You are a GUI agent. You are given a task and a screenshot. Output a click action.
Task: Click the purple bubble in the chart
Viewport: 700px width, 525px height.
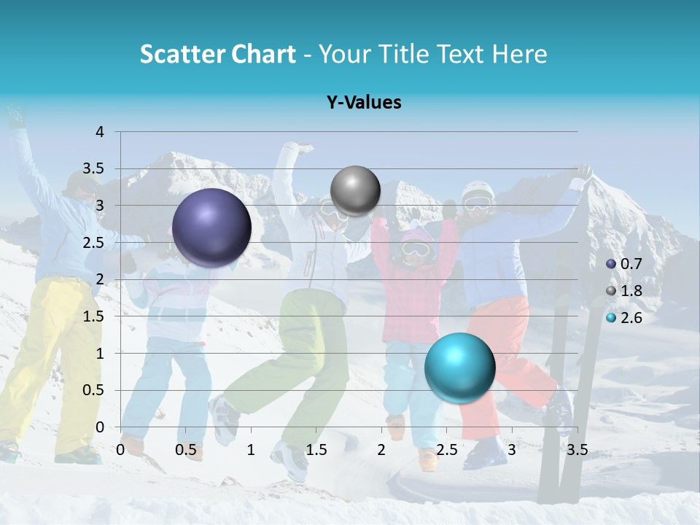[x=211, y=227]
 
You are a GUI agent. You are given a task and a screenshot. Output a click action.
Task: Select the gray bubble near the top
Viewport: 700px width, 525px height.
[x=355, y=191]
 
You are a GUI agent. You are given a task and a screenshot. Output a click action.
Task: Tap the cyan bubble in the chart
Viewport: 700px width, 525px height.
[x=459, y=367]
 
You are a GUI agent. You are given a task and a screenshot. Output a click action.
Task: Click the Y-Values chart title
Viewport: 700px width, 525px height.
[x=364, y=103]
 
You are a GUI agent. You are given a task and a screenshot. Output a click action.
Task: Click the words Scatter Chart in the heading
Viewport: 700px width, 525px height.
[x=217, y=54]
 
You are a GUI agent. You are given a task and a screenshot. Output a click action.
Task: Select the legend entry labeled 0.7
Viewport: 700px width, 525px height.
[x=629, y=263]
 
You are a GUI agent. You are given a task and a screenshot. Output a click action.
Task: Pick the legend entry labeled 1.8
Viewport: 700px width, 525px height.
[x=629, y=291]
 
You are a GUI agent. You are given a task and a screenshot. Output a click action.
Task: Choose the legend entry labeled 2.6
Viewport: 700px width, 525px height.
[x=629, y=317]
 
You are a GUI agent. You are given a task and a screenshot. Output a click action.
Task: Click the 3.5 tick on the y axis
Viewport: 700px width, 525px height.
[x=93, y=168]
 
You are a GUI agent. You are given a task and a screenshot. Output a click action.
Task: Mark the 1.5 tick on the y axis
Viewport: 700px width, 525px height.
[x=93, y=316]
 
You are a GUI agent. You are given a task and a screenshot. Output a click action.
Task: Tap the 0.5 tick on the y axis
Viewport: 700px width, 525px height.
[x=93, y=390]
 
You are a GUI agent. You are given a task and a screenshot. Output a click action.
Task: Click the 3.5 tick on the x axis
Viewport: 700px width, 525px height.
[x=577, y=450]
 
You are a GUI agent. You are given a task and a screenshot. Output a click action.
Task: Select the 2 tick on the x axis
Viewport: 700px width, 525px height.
[x=381, y=450]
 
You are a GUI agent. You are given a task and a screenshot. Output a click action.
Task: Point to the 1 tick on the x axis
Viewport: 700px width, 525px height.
[x=251, y=450]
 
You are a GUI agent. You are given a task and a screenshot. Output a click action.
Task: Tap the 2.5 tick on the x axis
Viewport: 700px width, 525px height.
[x=446, y=450]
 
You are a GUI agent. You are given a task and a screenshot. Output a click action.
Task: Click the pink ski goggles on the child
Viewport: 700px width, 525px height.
[x=415, y=249]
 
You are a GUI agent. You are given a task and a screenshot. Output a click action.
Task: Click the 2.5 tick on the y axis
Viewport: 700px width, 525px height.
[x=93, y=243]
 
